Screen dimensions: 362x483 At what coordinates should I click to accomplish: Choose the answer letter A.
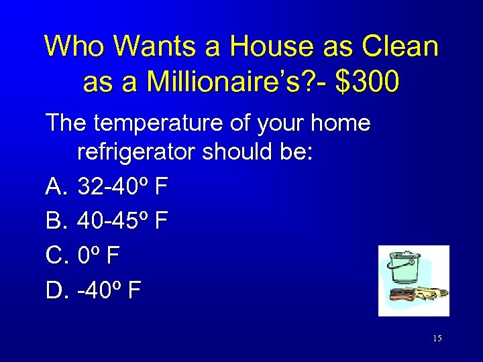point(54,187)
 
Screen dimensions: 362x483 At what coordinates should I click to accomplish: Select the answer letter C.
point(55,255)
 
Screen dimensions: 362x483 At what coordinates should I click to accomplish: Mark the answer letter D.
point(55,290)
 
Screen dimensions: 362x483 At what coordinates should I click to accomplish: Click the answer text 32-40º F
point(123,187)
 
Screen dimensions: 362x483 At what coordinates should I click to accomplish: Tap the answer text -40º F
point(109,290)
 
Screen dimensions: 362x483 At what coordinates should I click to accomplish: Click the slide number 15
point(437,339)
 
